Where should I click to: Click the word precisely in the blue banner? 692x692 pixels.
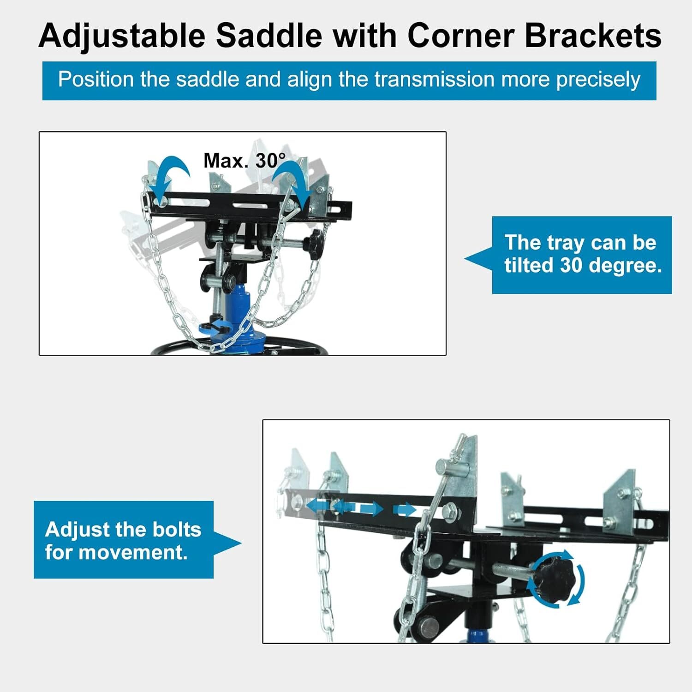(598, 79)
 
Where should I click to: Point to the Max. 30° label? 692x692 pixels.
(245, 161)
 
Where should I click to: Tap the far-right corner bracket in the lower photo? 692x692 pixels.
(620, 498)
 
